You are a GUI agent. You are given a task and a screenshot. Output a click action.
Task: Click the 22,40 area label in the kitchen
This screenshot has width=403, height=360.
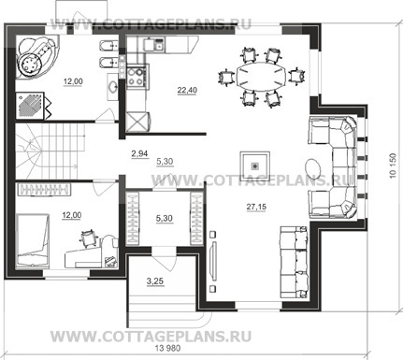click(x=187, y=91)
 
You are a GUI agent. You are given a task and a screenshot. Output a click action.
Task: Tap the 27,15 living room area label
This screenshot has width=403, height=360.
click(x=256, y=207)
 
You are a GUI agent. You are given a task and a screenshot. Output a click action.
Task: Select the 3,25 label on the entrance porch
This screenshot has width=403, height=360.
click(x=155, y=281)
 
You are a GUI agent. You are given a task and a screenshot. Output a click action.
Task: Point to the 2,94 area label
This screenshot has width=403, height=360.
click(x=139, y=153)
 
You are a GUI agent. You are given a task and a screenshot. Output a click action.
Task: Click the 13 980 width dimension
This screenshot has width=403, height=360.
click(x=167, y=349)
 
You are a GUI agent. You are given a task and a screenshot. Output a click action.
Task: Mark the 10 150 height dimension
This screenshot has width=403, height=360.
click(x=393, y=166)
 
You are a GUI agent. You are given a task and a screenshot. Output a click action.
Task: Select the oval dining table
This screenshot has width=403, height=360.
click(x=261, y=77)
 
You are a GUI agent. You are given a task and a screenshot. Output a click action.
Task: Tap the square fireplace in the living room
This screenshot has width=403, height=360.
click(x=255, y=166)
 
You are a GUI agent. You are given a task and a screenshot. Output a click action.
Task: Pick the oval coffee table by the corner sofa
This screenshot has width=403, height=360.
click(x=312, y=170)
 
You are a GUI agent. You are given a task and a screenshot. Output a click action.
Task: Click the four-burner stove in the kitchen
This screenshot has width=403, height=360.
click(x=136, y=77)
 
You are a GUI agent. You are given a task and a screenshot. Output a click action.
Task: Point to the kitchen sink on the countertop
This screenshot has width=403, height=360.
click(x=154, y=45)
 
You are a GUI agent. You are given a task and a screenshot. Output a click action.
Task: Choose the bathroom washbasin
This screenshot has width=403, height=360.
click(x=112, y=87)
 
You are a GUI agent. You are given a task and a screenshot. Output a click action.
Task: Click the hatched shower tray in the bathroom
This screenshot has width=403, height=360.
click(x=30, y=106)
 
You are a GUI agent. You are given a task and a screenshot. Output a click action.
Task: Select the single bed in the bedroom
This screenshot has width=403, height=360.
click(x=33, y=240)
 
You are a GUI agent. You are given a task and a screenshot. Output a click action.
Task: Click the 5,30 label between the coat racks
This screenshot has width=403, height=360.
click(x=165, y=219)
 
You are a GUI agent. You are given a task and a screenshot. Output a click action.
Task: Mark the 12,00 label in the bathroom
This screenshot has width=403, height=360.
click(x=73, y=81)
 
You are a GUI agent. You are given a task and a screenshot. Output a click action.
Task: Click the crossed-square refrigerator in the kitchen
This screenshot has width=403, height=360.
click(x=137, y=122)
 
